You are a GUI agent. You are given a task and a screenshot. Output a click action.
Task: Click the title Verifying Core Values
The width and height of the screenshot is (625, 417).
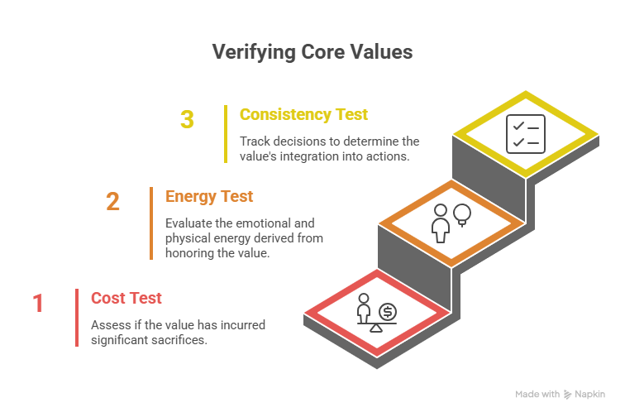point(312,52)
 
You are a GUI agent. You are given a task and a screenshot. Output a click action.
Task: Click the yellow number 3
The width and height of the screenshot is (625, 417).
point(188,120)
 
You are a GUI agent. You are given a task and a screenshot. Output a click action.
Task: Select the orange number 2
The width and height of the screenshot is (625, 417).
point(112,202)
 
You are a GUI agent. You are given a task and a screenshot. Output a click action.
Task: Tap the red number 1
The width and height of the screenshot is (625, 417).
point(38,304)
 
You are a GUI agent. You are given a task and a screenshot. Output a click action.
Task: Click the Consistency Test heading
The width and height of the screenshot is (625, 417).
point(303,114)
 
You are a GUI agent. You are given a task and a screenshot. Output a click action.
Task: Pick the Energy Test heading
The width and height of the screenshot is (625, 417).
point(209,197)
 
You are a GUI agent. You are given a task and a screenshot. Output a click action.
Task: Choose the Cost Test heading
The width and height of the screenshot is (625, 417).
point(126,298)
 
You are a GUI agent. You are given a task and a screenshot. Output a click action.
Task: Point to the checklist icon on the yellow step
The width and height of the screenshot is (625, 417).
point(525,134)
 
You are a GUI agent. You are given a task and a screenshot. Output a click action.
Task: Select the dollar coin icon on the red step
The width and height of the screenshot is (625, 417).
point(386,312)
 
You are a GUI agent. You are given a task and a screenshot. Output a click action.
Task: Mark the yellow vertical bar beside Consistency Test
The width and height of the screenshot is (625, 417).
point(226,134)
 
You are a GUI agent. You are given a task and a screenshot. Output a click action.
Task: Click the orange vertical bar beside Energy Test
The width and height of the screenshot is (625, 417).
point(151,223)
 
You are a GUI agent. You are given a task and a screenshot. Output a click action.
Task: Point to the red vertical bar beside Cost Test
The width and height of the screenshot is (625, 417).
point(77,318)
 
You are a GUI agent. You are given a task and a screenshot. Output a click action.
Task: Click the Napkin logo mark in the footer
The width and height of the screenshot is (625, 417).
point(568,395)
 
